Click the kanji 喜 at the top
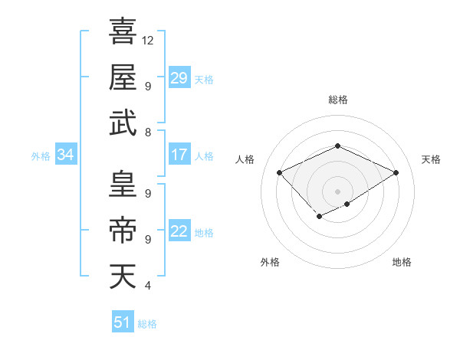coord(123,32)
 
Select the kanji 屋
coord(123,77)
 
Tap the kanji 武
coord(123,123)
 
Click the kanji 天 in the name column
coord(123,277)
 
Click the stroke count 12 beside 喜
coord(149,40)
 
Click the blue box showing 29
coord(179,78)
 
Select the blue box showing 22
coord(179,232)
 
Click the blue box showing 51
coord(122,323)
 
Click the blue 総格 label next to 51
coord(147,324)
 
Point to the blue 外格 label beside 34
coord(41,156)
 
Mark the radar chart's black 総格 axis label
coord(337,100)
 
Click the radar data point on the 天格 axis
coord(396,173)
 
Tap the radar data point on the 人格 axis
coord(280,173)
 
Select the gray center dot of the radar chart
coord(337,190)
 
